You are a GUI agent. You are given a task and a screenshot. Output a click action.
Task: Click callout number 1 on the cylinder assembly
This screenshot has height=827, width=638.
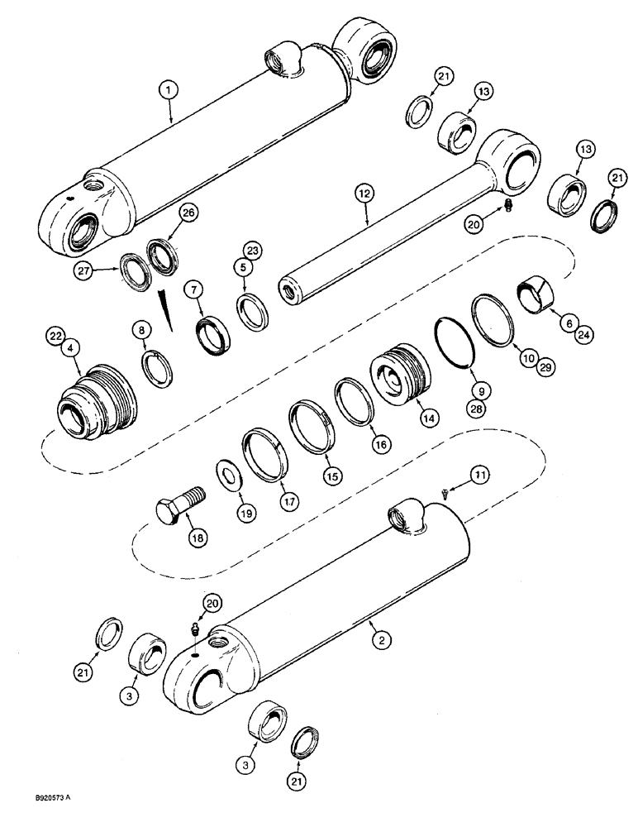169,88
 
